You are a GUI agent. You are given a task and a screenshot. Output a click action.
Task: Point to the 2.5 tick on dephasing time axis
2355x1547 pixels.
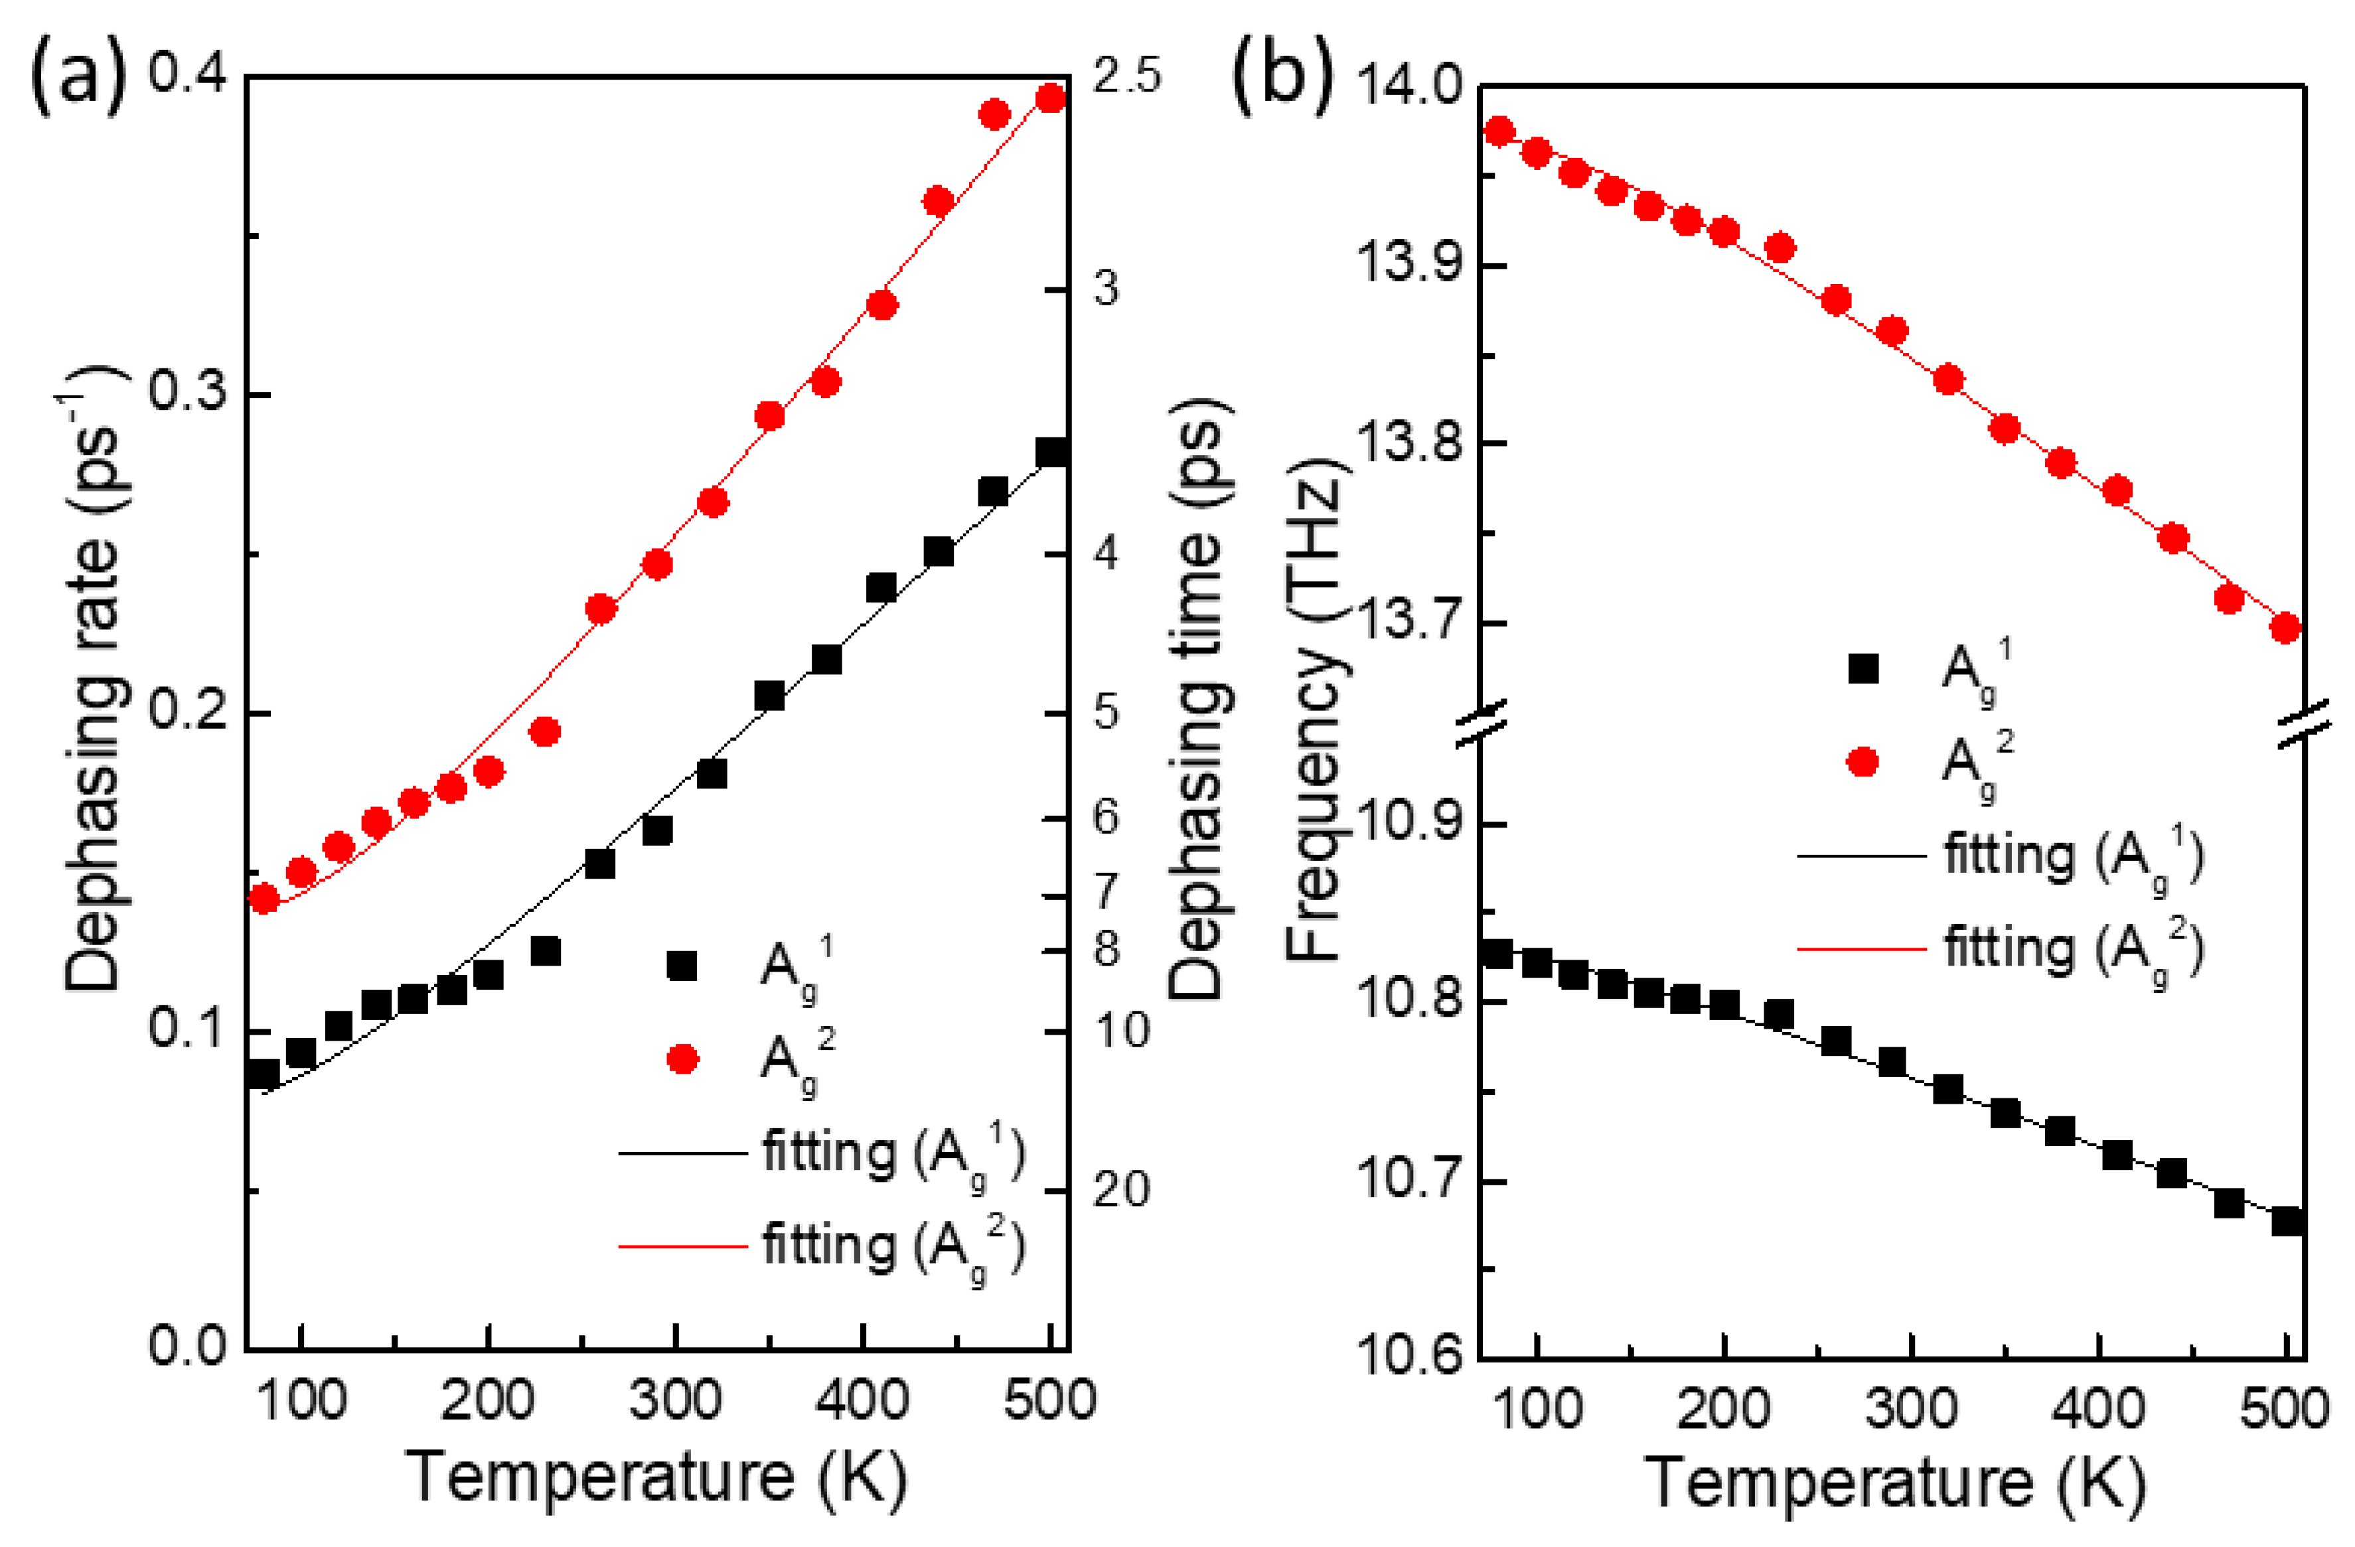tap(1126, 77)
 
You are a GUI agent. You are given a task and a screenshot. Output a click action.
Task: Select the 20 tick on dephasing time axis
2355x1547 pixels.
tap(1121, 1190)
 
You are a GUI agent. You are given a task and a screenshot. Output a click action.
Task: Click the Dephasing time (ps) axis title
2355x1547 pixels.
tap(1199, 698)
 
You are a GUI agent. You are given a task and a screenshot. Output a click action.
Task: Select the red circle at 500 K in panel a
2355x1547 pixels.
tap(1051, 98)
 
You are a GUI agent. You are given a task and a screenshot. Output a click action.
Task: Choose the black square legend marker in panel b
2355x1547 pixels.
tap(1863, 670)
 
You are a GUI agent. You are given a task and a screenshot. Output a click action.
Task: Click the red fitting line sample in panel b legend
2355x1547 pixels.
tap(1861, 948)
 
